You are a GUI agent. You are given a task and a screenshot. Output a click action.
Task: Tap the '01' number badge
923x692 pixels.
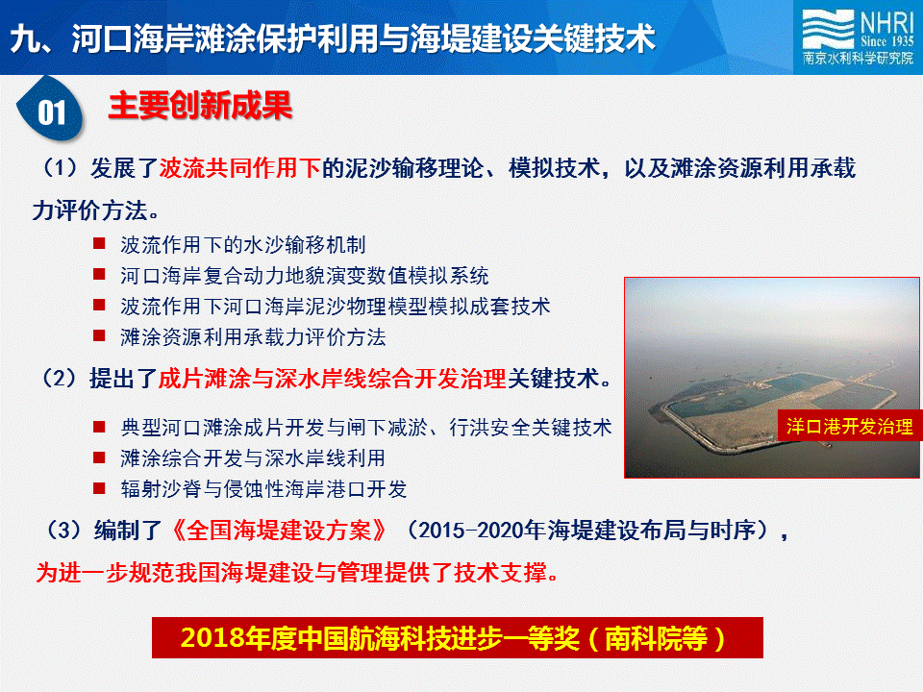tap(51, 110)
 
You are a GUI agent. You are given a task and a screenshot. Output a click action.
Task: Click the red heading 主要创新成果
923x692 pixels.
tap(200, 106)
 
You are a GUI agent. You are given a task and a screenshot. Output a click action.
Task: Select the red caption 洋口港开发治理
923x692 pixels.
tap(849, 426)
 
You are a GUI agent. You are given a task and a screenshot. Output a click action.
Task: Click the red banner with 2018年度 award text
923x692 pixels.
tap(458, 638)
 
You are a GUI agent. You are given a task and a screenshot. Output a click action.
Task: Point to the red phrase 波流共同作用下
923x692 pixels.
tap(240, 167)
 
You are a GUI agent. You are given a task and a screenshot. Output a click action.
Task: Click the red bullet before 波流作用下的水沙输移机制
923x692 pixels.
tap(99, 243)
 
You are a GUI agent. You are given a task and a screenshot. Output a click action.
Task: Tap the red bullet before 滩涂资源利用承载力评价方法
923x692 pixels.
tap(99, 335)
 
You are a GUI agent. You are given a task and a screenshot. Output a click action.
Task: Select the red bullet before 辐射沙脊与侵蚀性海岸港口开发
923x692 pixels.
tap(99, 488)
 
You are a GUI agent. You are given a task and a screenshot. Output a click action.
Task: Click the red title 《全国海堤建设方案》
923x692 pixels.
tap(279, 531)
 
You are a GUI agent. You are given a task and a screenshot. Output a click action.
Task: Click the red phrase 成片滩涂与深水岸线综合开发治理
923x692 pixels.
tap(333, 379)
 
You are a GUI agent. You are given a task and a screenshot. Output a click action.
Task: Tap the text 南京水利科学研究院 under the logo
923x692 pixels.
tap(859, 58)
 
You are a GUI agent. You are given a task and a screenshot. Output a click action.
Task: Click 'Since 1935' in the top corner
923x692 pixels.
tap(886, 40)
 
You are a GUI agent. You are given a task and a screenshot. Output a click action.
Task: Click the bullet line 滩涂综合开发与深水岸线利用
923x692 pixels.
tap(253, 457)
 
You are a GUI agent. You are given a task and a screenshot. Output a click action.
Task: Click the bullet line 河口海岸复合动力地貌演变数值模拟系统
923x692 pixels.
tap(305, 276)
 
